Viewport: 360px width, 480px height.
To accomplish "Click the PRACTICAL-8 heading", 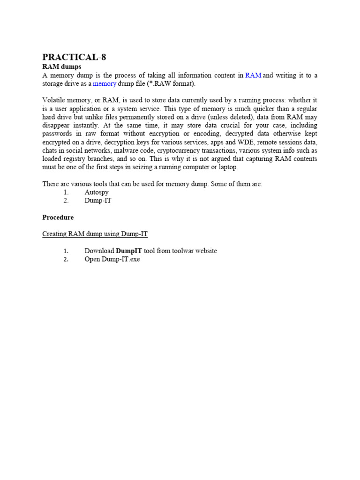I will tap(74, 57).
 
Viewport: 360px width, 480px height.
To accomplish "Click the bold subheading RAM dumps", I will tap(61, 67).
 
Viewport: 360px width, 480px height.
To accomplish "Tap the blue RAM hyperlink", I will tap(253, 75).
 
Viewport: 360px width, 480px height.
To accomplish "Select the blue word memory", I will tap(105, 84).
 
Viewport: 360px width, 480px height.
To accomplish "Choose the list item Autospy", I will tap(97, 192).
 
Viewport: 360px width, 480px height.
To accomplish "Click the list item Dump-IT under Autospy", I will tap(98, 201).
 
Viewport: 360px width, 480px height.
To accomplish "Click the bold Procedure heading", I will tap(58, 217).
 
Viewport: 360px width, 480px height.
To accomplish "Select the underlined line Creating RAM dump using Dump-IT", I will tap(95, 234).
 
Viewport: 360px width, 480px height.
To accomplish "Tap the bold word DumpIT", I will tap(129, 251).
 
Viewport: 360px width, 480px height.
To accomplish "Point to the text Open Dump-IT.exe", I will tap(112, 259).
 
